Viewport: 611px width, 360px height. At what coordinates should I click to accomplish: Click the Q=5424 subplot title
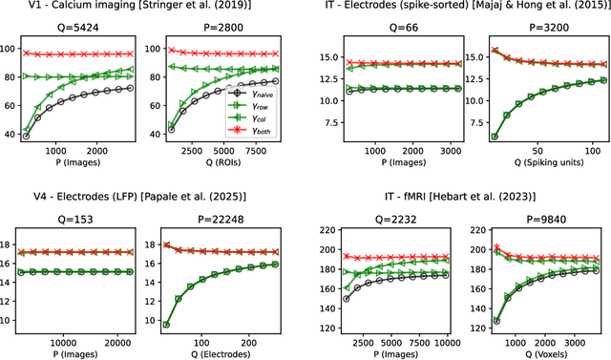(x=82, y=29)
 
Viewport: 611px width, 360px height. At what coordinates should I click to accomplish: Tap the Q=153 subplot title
(x=82, y=217)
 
